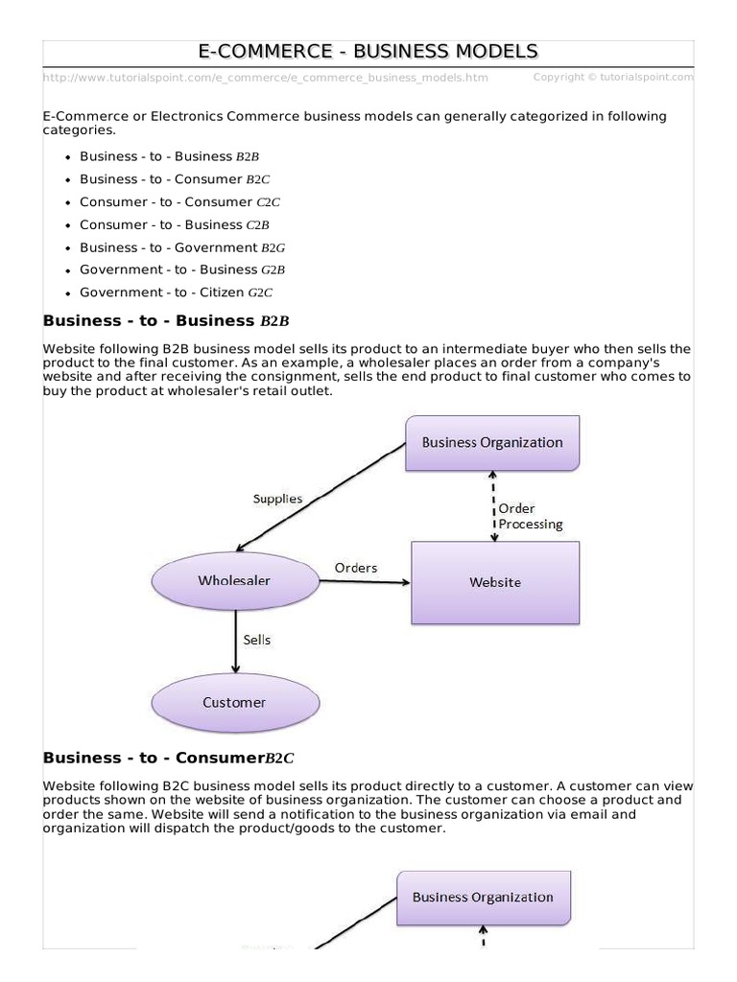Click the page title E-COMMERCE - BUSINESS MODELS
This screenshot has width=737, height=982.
click(x=368, y=52)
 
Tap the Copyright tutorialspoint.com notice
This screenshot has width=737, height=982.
click(x=612, y=77)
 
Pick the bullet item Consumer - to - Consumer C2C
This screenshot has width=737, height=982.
click(x=179, y=202)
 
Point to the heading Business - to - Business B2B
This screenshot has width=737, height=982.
click(x=165, y=320)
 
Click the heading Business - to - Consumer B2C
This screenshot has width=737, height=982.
click(x=168, y=758)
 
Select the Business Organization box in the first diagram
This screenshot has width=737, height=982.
click(x=492, y=442)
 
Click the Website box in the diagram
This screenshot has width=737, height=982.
click(x=495, y=582)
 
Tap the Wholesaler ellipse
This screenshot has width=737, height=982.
click(x=234, y=580)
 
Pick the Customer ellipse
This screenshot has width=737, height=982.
click(x=234, y=702)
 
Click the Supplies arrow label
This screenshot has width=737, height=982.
click(x=277, y=499)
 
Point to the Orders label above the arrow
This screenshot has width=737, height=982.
click(x=355, y=568)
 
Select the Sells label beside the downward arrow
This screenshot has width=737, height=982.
click(x=256, y=640)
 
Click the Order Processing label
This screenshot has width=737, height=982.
click(x=530, y=516)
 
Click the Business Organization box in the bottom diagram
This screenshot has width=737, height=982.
click(x=483, y=898)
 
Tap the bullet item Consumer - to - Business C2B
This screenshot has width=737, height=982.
click(x=175, y=225)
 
